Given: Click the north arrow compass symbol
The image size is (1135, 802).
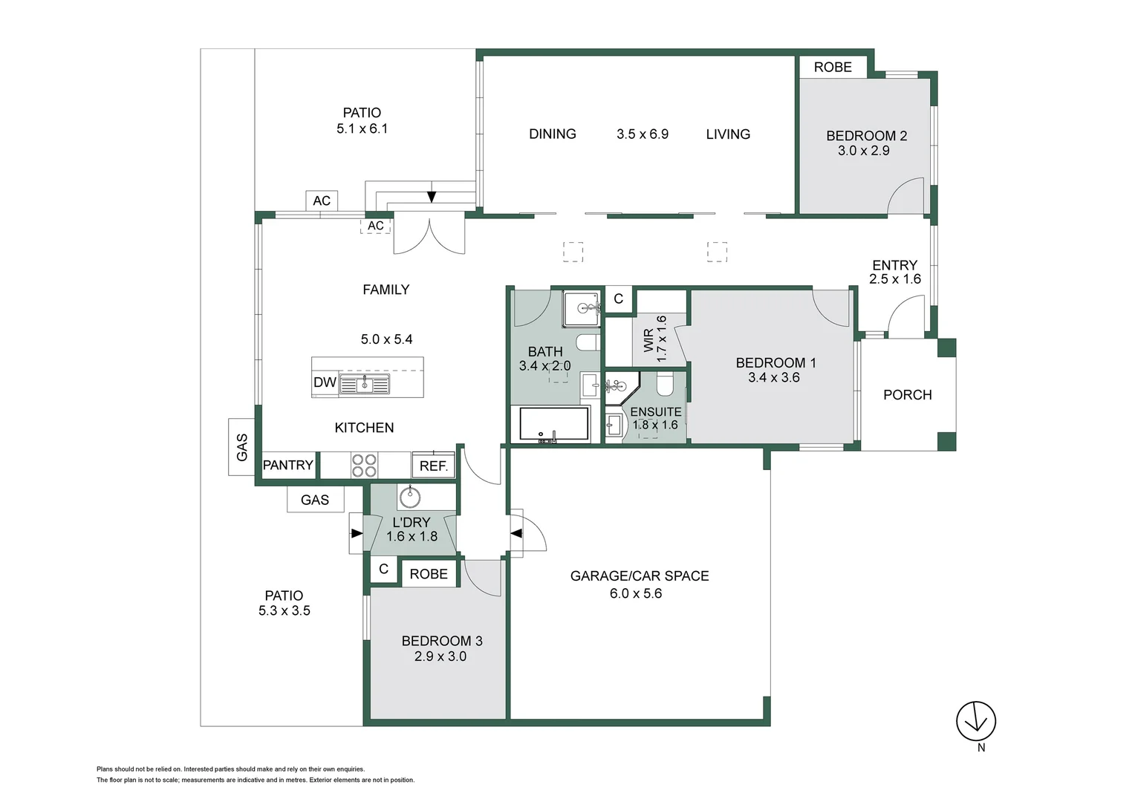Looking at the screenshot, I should [x=975, y=721].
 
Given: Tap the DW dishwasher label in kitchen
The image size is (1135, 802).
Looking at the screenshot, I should [x=325, y=382].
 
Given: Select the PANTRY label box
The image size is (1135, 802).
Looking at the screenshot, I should [x=288, y=465].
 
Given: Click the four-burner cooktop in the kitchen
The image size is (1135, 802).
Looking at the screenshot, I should [x=364, y=466].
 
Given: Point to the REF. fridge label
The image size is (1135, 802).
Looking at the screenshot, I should [x=434, y=466].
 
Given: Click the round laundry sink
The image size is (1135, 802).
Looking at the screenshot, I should [x=409, y=495].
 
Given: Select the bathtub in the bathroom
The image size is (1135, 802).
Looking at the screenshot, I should [x=554, y=424].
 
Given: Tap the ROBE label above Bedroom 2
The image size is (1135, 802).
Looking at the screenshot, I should [x=833, y=67].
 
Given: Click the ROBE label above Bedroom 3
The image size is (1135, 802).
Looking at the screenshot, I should [x=429, y=574].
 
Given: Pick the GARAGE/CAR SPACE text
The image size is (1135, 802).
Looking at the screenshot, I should [x=639, y=576].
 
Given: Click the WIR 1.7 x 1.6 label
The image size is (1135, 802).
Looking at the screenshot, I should [x=654, y=339].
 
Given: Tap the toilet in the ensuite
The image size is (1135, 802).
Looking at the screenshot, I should [x=664, y=384].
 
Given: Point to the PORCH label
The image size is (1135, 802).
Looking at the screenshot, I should [x=907, y=395].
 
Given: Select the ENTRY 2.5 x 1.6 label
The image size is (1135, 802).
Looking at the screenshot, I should [x=894, y=272].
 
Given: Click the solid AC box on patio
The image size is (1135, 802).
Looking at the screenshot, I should [x=322, y=200].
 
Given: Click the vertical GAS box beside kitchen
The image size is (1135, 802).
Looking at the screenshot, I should [x=241, y=446].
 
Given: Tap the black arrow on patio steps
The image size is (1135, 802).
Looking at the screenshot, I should [x=432, y=196].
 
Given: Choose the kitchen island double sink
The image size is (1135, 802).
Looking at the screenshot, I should [x=364, y=384].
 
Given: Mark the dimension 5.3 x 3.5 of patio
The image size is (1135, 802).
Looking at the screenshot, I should [x=284, y=611].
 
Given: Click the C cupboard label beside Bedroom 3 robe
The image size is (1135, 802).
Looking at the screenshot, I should [x=383, y=570].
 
